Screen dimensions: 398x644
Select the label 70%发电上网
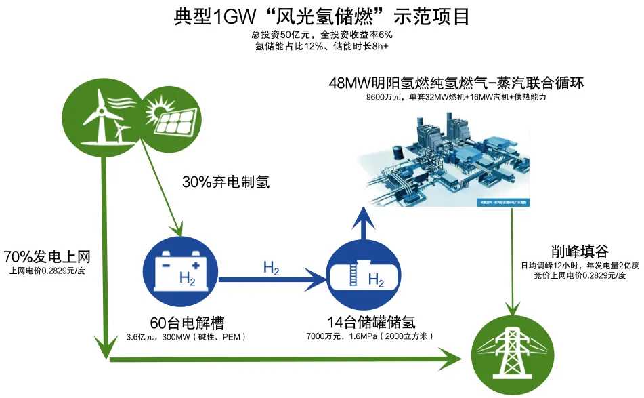[x=47, y=257]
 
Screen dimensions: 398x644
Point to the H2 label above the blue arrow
[x=271, y=267]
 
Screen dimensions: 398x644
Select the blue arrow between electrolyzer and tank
[x=271, y=277]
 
